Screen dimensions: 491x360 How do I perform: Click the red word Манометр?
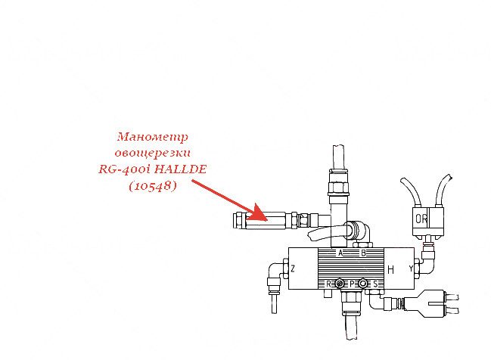coord(153,138)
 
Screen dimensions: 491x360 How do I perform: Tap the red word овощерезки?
coord(153,153)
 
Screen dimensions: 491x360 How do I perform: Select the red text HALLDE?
coord(181,169)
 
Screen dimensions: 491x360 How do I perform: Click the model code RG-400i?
coord(126,169)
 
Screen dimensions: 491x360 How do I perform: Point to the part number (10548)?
coord(153,186)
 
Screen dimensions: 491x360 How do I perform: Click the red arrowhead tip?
coord(267,220)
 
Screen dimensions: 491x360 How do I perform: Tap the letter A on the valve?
coord(340,253)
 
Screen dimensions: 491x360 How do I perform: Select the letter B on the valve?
coord(363,253)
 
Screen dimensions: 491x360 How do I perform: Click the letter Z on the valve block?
coord(293,268)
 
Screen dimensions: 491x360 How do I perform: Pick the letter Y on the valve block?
coord(411,268)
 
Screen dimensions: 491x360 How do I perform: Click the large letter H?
coord(390,269)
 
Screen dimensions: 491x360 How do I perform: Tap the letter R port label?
coord(328,284)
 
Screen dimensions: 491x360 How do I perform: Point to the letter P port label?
coord(352,284)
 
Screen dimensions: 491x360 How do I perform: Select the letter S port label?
coord(375,284)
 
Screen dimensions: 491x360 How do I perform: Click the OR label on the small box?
coord(421,219)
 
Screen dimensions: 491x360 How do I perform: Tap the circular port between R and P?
coord(340,284)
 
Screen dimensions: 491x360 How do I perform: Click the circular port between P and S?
coord(362,284)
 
